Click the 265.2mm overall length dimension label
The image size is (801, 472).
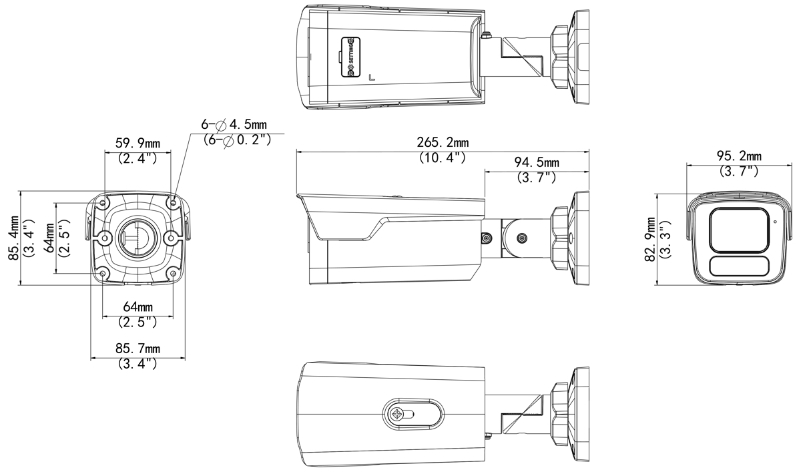pos(443,142)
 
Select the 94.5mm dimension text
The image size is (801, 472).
pos(537,162)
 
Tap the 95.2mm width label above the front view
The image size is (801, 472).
pos(739,156)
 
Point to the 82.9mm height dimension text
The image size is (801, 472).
pos(650,239)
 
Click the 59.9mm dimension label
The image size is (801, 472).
pos(138,144)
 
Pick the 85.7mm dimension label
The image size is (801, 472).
pos(138,348)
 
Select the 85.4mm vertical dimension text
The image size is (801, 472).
pos(13,238)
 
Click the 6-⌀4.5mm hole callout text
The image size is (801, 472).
pos(234,124)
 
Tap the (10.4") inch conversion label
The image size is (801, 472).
pos(443,158)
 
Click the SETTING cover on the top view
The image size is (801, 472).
pos(350,57)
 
